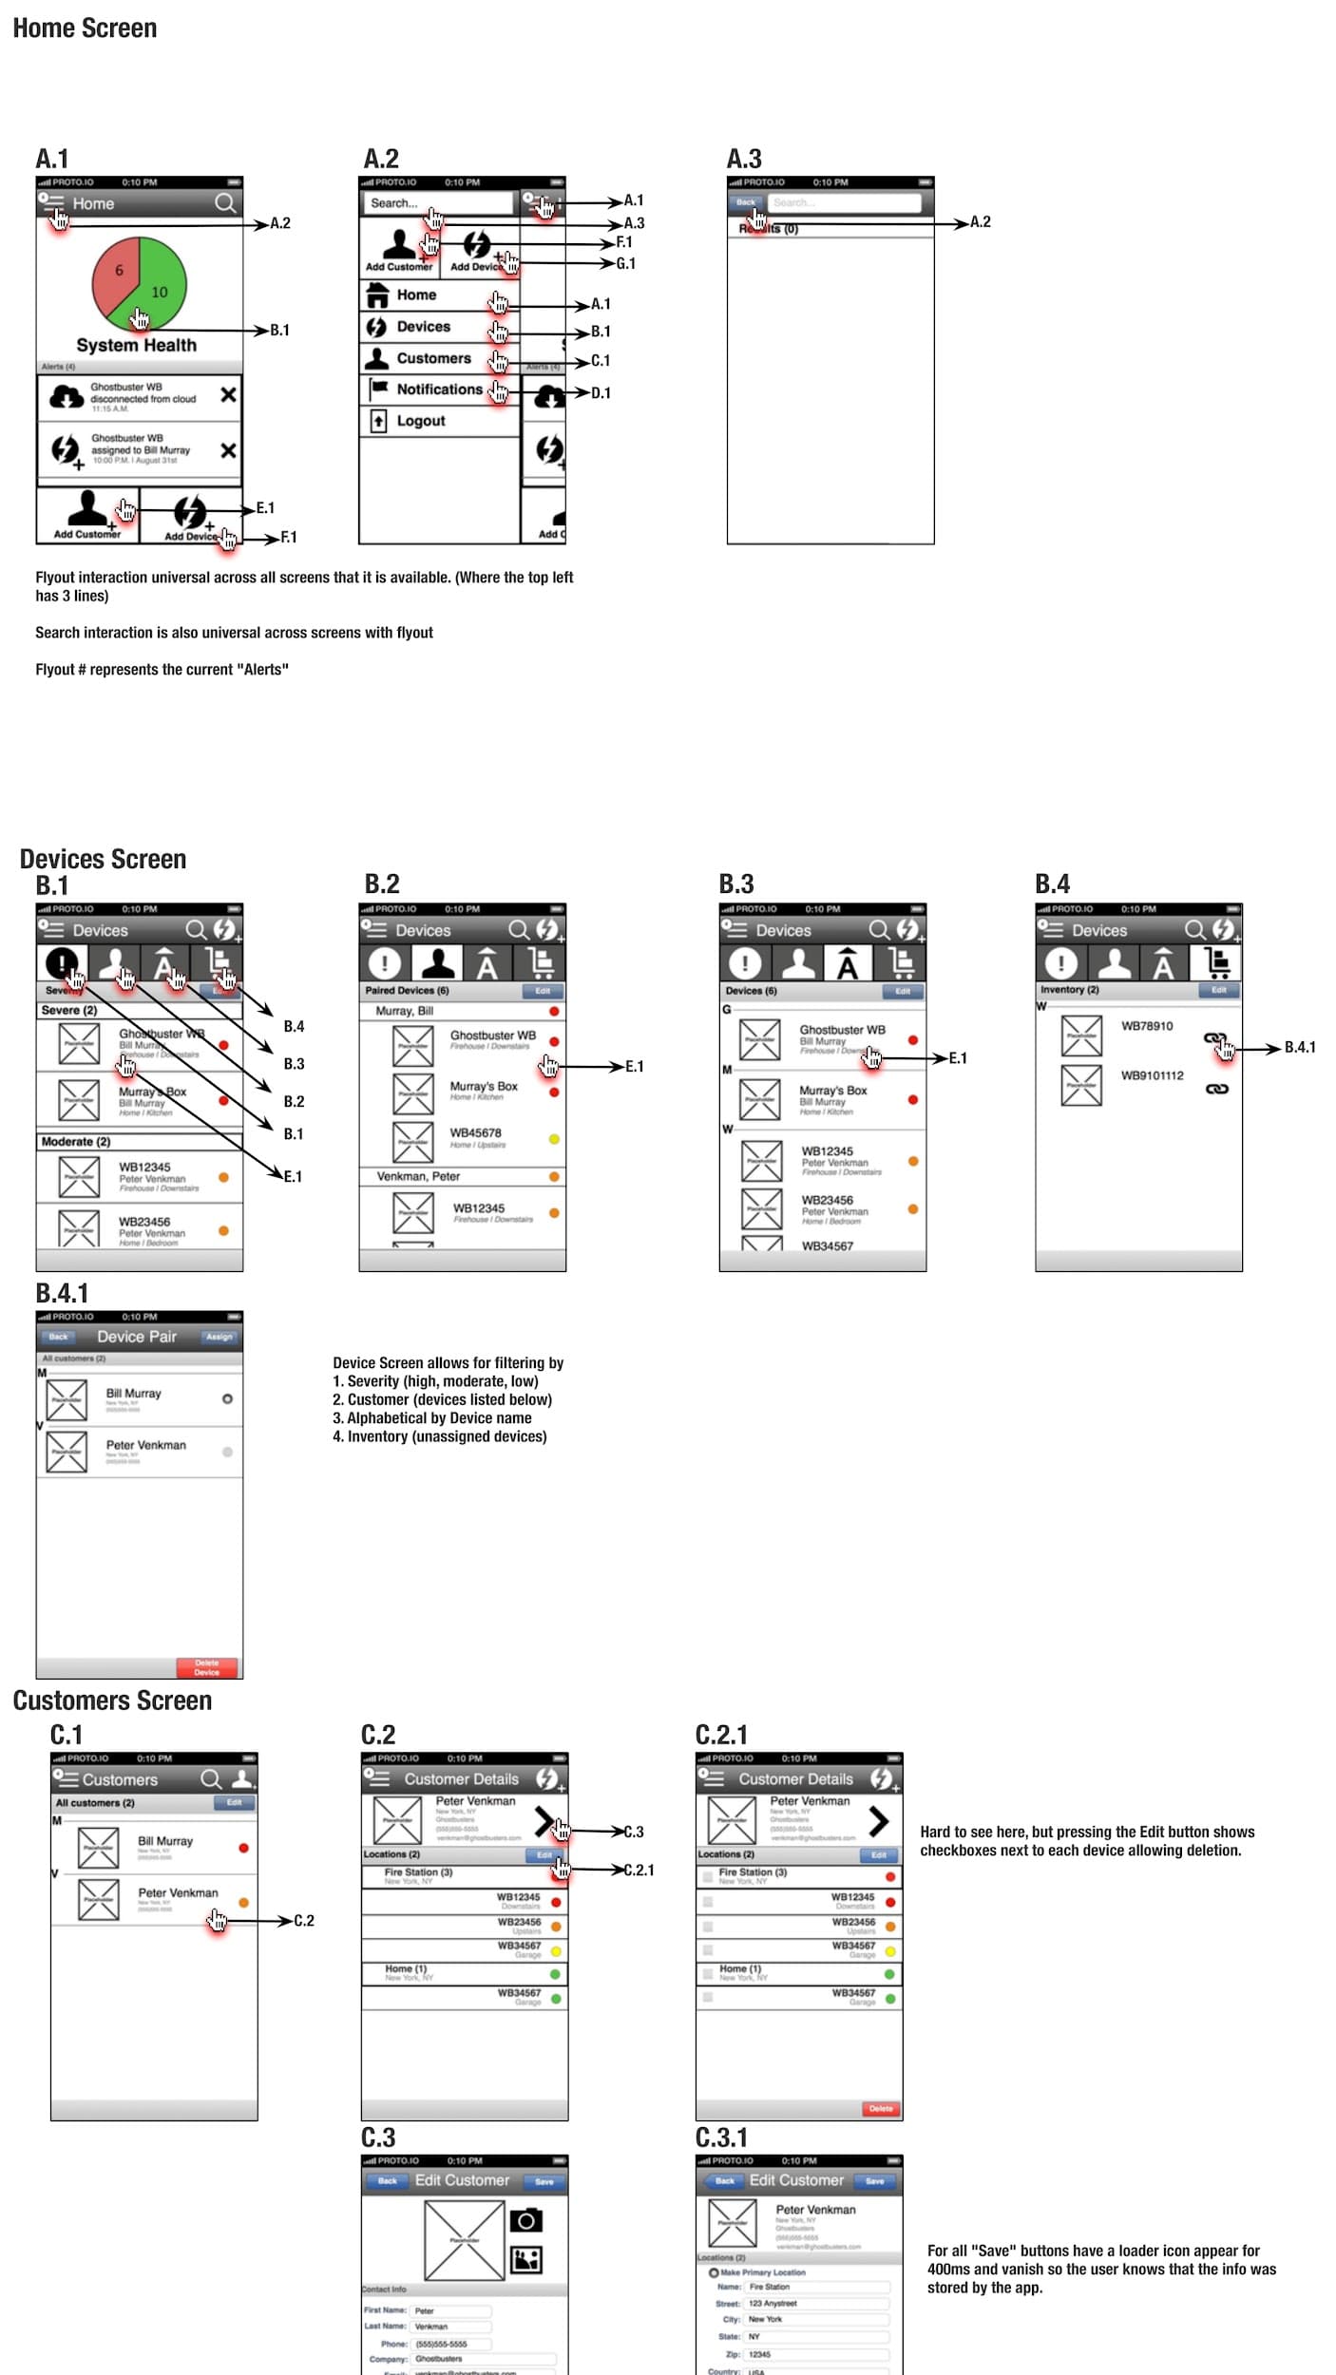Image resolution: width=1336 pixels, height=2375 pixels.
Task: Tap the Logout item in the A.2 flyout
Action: click(420, 421)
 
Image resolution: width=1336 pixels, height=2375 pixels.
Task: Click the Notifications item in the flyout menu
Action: click(439, 389)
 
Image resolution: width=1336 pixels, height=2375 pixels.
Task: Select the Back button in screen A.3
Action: click(746, 202)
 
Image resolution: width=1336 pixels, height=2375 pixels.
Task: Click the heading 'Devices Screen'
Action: click(103, 859)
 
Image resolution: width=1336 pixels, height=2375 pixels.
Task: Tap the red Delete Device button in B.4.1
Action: click(207, 1667)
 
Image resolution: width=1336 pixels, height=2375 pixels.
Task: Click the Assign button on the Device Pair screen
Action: click(219, 1337)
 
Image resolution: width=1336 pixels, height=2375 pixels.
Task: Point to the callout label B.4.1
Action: click(1299, 1047)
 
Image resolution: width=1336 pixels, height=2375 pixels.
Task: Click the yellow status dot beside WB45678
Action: click(554, 1139)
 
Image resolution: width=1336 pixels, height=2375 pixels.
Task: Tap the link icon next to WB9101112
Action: click(1216, 1089)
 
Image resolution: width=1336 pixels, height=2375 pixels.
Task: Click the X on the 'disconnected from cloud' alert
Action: click(228, 394)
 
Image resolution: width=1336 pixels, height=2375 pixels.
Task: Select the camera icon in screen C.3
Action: click(526, 2220)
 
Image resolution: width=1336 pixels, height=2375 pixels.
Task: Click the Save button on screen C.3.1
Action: click(874, 2181)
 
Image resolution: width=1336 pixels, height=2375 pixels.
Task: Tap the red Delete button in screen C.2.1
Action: click(880, 2108)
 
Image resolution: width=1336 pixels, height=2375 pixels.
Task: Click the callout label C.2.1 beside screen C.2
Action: click(639, 1870)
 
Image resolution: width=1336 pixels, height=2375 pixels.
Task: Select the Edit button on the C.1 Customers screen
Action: click(234, 1802)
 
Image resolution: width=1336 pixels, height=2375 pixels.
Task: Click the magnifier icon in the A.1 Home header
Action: click(224, 203)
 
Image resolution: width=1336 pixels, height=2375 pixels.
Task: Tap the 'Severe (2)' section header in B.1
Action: click(68, 1010)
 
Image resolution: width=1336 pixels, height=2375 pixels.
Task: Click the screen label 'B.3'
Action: click(735, 883)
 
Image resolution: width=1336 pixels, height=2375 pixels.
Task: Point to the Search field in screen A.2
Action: click(437, 203)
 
